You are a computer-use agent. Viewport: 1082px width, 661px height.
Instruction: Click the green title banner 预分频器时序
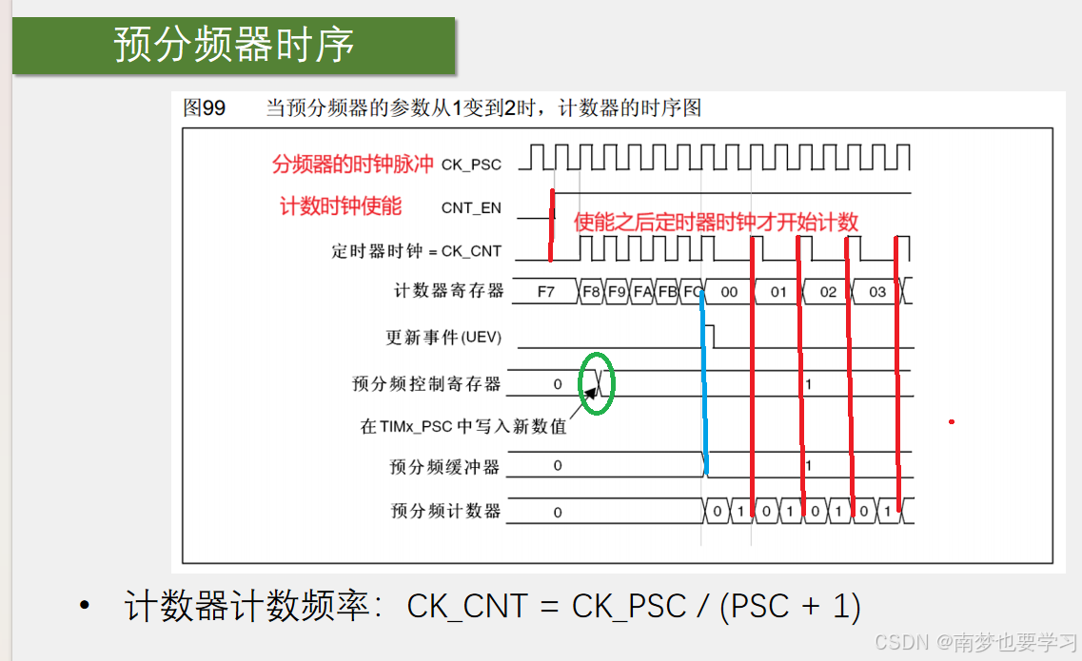233,45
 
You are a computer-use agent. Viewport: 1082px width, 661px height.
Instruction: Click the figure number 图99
204,108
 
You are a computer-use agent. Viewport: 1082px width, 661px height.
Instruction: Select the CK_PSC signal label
471,165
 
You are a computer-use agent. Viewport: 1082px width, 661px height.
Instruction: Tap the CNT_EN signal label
471,207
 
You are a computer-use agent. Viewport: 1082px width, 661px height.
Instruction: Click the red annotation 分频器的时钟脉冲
352,164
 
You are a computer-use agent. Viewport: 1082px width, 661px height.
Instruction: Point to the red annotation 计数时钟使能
340,206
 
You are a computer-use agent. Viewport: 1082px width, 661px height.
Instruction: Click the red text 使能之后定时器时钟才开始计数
716,223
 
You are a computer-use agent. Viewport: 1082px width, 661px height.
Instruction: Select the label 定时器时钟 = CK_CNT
416,252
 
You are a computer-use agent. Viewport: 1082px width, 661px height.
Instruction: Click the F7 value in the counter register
545,292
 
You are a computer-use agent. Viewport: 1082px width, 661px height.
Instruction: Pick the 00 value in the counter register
729,292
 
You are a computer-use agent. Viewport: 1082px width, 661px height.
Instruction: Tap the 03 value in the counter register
877,292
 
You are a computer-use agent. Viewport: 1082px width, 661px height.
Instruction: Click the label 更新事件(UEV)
443,338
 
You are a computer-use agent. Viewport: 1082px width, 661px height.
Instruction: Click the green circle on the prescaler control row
598,383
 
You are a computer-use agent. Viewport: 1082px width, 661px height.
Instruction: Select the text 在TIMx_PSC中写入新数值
462,426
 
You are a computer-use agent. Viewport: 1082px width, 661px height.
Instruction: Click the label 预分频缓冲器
444,466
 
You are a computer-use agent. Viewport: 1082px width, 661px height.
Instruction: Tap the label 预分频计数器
444,511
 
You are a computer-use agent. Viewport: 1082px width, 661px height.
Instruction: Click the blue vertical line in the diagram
704,380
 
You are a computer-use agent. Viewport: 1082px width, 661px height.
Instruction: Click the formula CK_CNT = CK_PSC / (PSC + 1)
634,607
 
